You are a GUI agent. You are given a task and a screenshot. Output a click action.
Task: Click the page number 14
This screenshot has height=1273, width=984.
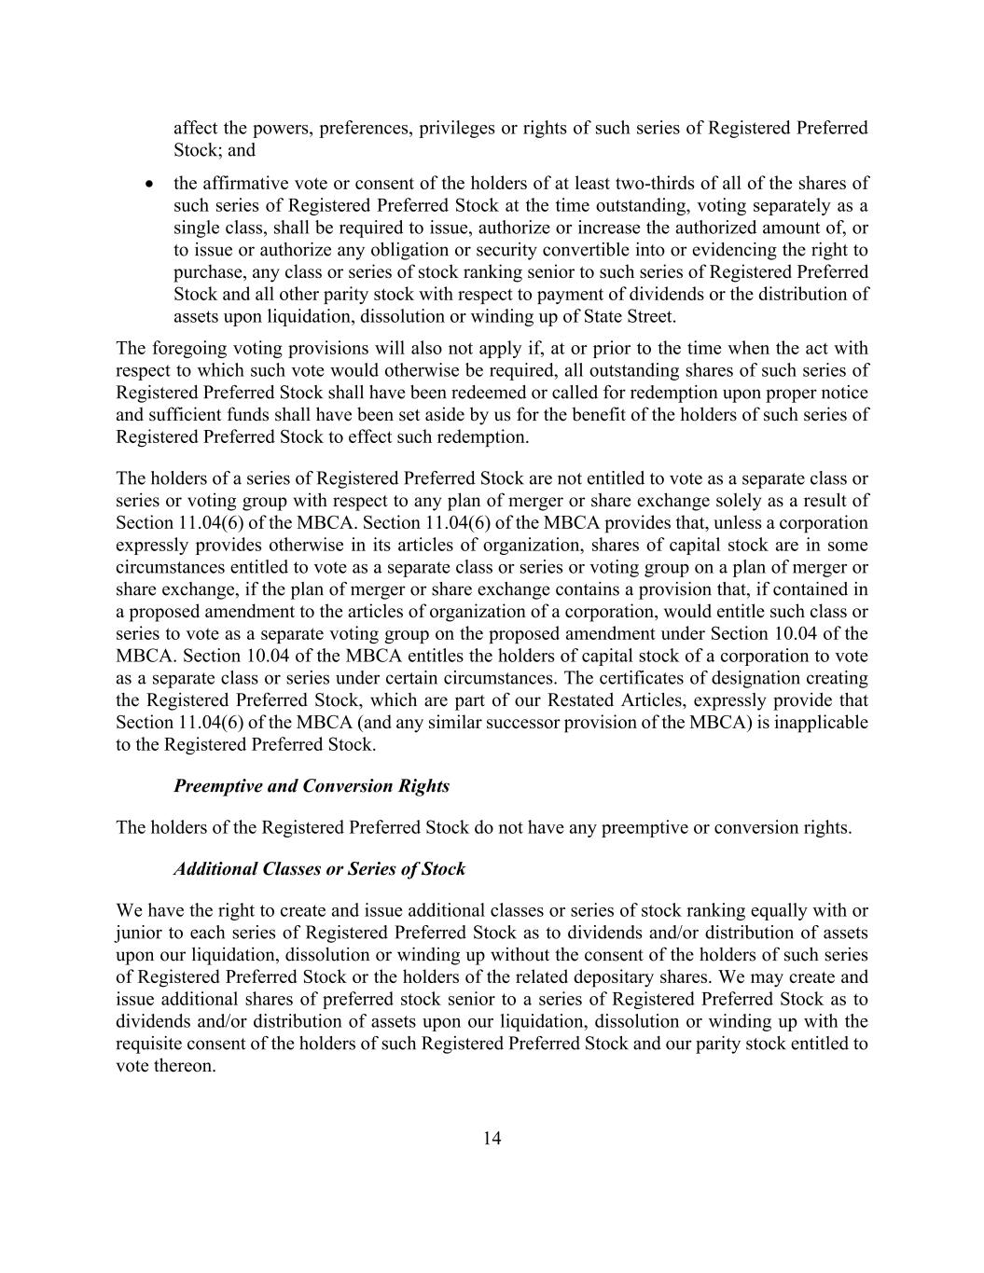(x=492, y=1138)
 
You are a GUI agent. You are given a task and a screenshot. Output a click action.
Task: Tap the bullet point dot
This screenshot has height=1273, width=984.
(x=149, y=185)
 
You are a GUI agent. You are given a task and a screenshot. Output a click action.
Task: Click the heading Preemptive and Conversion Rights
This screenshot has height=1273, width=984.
(x=312, y=786)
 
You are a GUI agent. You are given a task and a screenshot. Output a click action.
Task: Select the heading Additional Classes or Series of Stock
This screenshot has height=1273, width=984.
(x=319, y=869)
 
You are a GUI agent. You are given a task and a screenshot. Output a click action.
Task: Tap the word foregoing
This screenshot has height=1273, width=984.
(x=185, y=349)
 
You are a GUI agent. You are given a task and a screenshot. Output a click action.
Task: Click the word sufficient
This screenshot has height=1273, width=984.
(x=184, y=415)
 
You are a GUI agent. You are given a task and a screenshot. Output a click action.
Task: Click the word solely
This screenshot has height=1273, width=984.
(x=753, y=501)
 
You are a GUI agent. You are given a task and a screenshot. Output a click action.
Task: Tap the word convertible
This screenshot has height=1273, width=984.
(x=590, y=250)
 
